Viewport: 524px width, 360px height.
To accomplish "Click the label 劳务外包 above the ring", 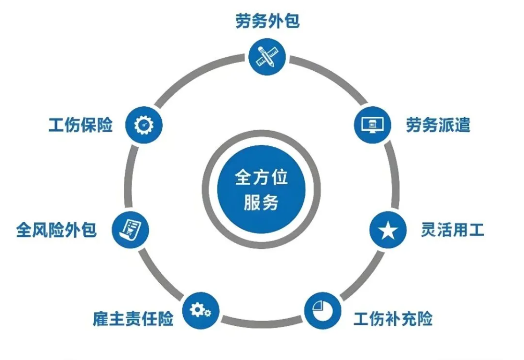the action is tap(267, 21).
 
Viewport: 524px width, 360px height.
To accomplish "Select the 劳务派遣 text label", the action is tap(438, 125).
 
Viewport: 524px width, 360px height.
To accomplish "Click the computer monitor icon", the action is tap(372, 125).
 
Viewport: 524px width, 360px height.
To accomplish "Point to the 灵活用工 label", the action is tap(452, 230).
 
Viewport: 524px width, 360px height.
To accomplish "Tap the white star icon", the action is tap(388, 230).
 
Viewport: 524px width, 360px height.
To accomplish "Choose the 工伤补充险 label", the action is tap(393, 318).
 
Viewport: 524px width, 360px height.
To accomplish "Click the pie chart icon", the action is tap(322, 310).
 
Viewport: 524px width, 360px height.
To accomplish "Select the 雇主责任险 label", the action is tap(133, 318).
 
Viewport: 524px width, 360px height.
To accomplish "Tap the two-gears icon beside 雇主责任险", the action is tap(201, 310).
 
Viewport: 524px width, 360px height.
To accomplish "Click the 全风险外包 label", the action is tap(56, 230).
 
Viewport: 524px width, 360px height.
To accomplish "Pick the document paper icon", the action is tap(130, 230).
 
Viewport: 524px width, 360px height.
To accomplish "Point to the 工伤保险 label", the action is tap(81, 125).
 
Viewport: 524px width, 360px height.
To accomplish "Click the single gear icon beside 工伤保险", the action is tap(144, 125).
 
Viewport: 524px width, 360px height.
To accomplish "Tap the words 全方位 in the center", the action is tap(262, 177).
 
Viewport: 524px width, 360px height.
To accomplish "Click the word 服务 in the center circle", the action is tap(262, 202).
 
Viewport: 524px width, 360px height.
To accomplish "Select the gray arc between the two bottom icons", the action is tap(262, 322).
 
